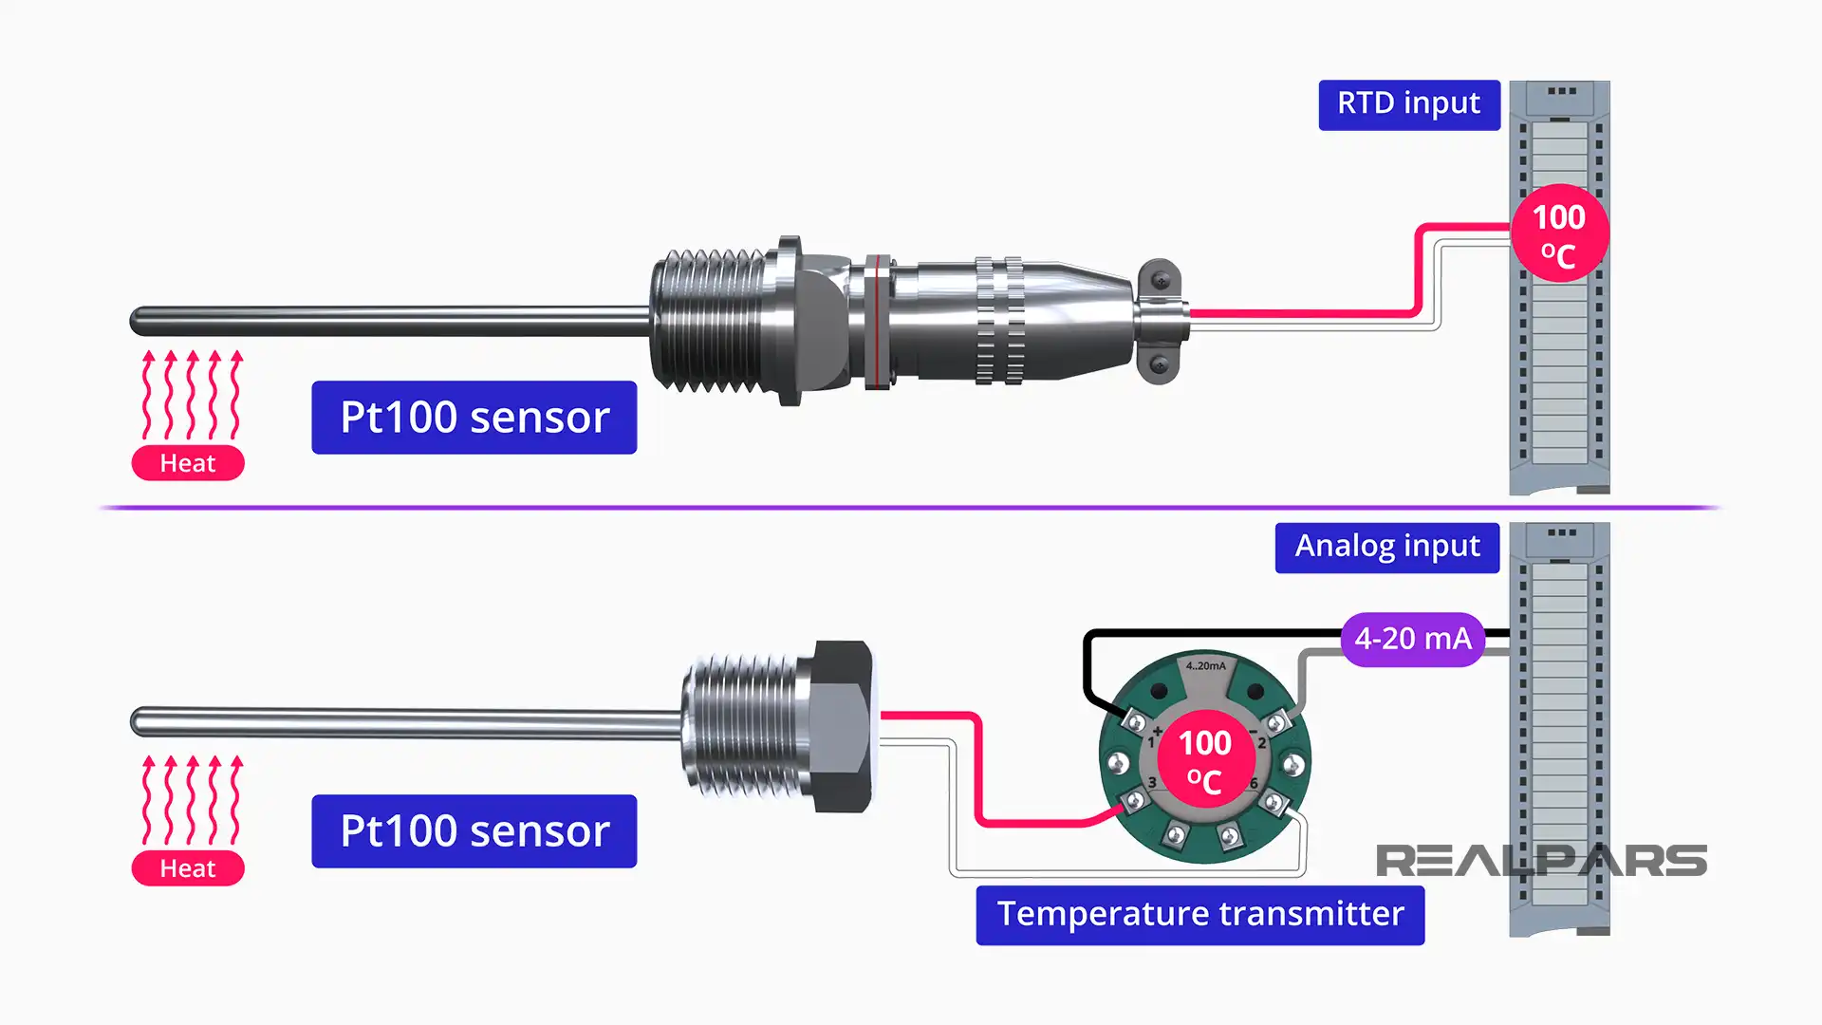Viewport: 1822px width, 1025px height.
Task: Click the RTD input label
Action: (1408, 104)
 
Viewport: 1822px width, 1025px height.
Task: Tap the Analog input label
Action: (1386, 548)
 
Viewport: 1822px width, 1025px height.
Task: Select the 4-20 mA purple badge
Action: (1412, 640)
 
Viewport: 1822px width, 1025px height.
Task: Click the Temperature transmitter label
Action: (1199, 915)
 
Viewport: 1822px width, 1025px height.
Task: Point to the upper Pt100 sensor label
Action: (474, 418)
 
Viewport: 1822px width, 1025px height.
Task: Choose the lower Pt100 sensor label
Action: (474, 831)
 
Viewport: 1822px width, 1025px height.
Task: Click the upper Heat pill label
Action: (188, 463)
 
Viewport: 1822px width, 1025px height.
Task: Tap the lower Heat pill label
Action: (188, 868)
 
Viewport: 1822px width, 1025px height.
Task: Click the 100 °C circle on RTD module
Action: (1558, 234)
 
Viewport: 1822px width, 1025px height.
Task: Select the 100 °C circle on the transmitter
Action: (1205, 759)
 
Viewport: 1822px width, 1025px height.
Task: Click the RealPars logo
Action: (1540, 861)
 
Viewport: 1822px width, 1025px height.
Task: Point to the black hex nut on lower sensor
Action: (842, 726)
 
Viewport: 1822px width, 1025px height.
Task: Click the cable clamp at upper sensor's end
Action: (1160, 321)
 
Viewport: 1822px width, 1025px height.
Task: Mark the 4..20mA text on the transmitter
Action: (1205, 666)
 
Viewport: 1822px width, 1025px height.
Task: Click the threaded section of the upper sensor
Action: (712, 320)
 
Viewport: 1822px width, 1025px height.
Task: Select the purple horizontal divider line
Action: (911, 508)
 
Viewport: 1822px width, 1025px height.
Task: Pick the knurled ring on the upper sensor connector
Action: (999, 320)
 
